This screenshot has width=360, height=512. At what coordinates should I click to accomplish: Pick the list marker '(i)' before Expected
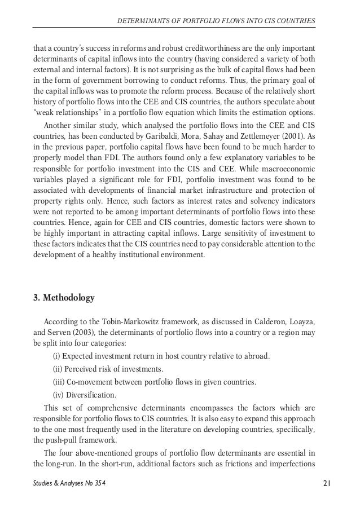point(56,357)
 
